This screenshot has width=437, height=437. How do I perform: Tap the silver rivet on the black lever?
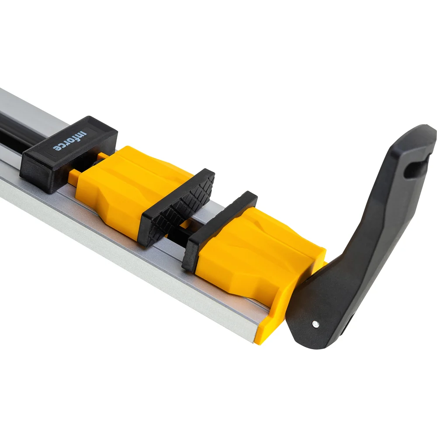coord(315,324)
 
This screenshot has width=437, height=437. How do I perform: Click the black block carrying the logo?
coord(68,155)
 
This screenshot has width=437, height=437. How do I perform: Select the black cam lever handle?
coord(362,239)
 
